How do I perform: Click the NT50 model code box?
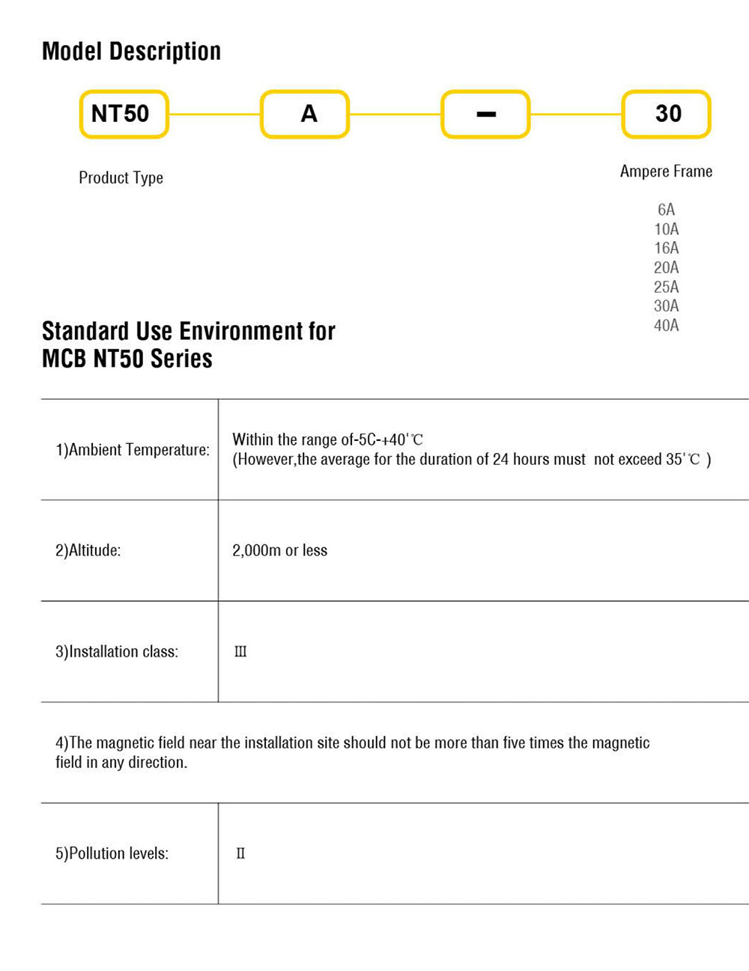point(124,114)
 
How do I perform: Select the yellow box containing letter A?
point(305,114)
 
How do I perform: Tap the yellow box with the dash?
point(485,114)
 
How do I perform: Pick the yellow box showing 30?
point(667,114)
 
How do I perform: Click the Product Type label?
point(121,178)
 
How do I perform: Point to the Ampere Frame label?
point(666,171)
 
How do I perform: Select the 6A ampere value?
point(666,210)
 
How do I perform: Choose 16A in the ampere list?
point(666,248)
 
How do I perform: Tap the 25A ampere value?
point(666,287)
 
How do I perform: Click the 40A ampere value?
point(666,325)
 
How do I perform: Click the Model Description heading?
point(131,51)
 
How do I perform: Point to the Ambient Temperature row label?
point(133,450)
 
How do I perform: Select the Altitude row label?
point(88,551)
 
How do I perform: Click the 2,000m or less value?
point(279,551)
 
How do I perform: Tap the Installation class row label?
point(117,652)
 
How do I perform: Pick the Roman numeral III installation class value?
point(240,652)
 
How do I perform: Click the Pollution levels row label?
point(112,853)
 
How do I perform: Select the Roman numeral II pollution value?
point(240,853)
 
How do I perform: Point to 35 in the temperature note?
point(673,460)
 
